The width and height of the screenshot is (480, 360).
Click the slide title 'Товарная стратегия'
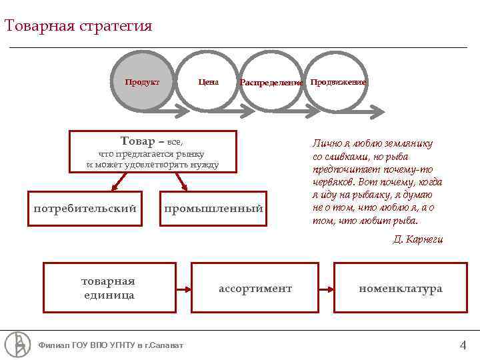click(78, 27)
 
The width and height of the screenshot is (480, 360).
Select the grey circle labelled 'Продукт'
click(142, 82)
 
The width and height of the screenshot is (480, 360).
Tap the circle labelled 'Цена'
click(208, 82)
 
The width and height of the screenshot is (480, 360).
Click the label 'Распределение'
click(271, 82)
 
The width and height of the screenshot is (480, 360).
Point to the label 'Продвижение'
click(338, 81)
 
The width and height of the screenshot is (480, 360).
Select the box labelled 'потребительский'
click(85, 209)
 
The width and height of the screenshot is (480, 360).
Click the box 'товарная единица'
click(109, 287)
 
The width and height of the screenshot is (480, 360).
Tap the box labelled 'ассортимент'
click(255, 288)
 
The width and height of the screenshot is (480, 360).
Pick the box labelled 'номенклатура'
click(400, 288)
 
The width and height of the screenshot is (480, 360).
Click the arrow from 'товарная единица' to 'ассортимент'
click(184, 289)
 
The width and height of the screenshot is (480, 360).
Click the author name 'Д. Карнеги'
click(417, 239)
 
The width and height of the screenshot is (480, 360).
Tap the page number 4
click(463, 345)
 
